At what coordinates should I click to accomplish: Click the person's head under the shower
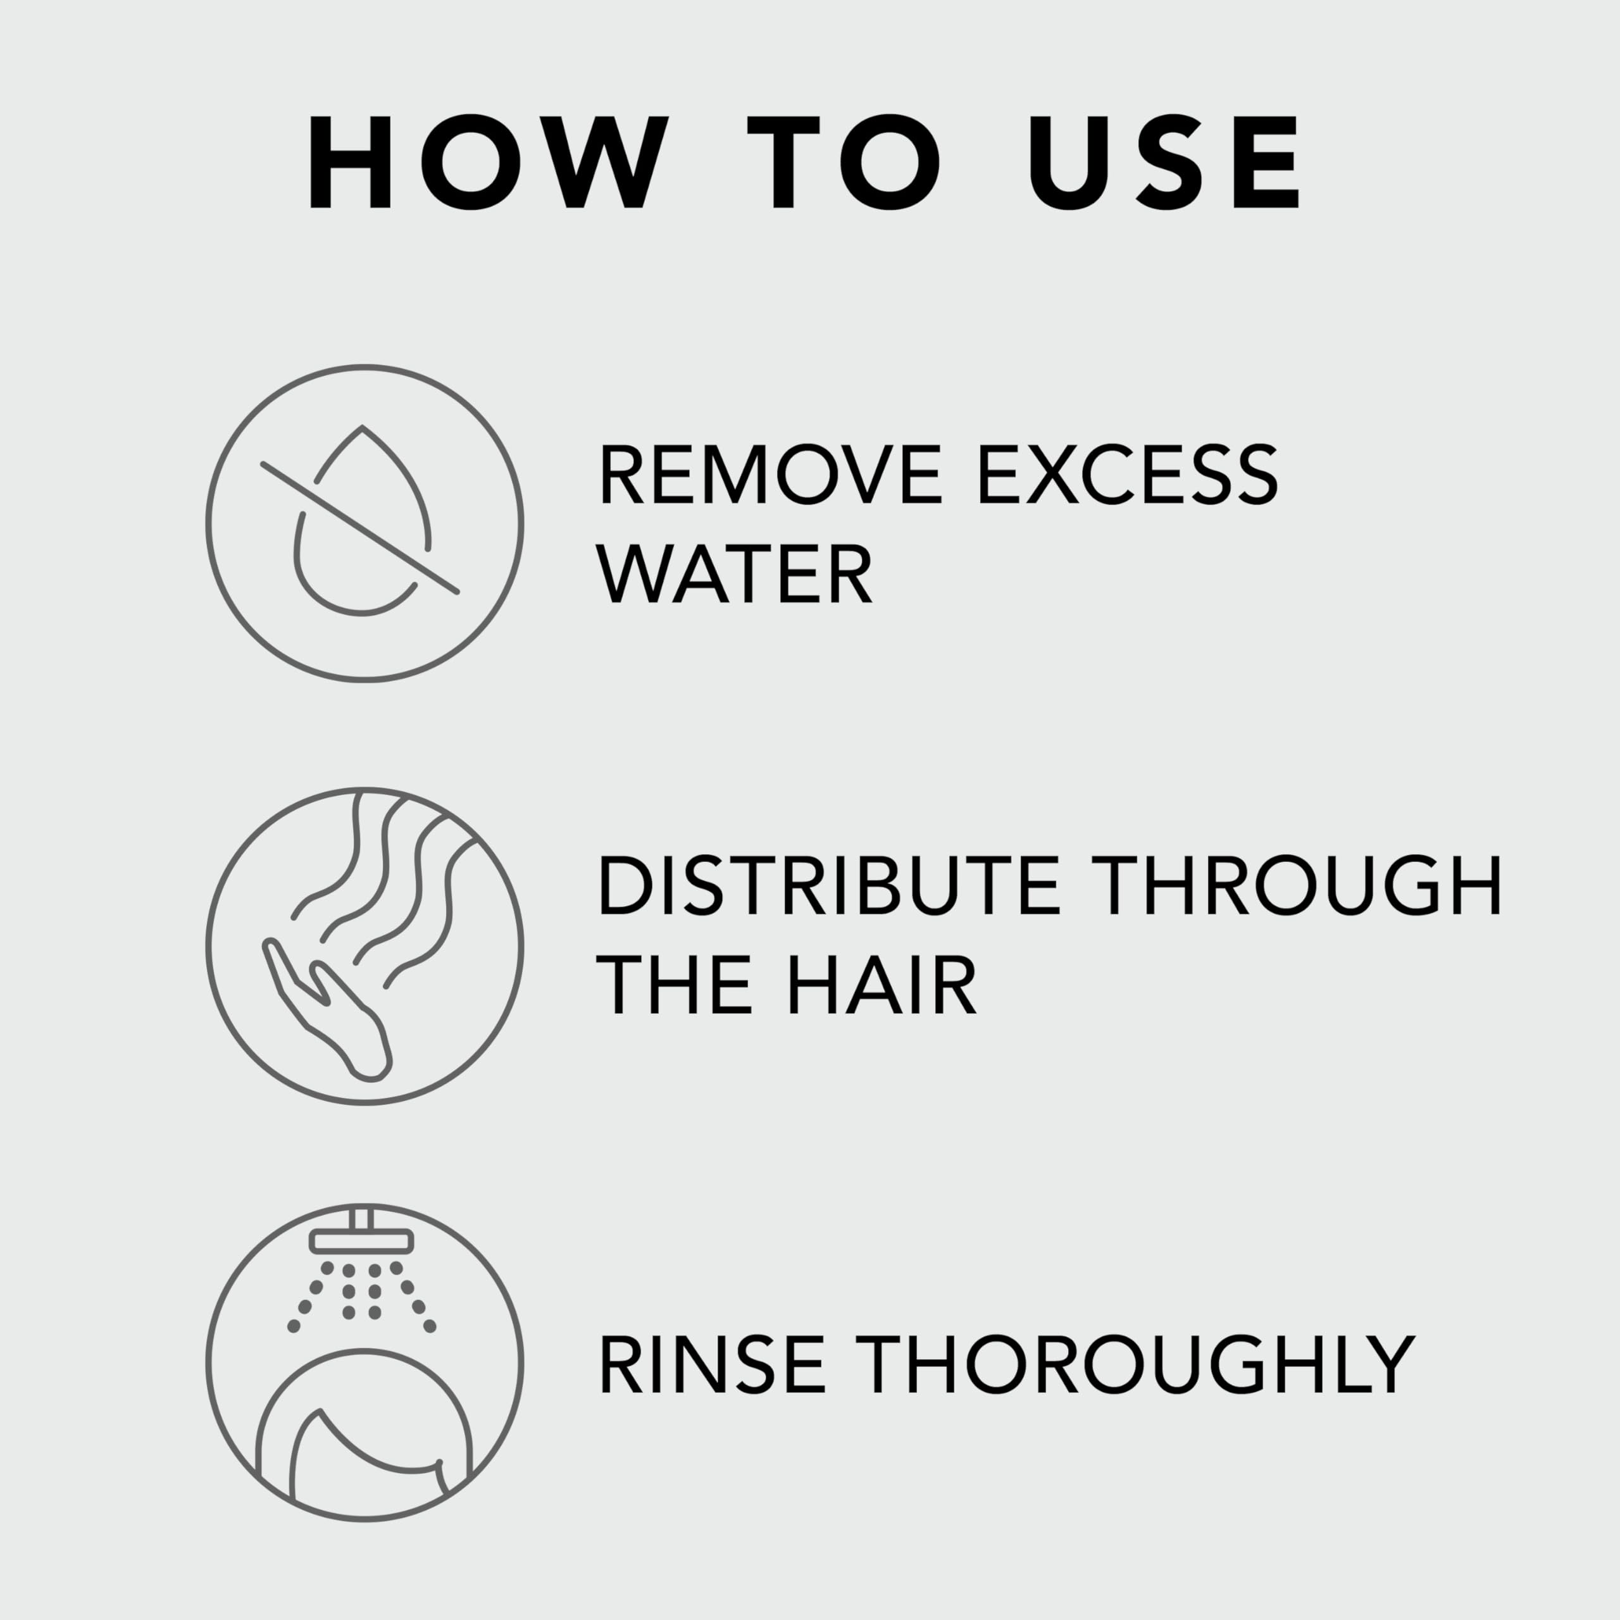(x=364, y=1426)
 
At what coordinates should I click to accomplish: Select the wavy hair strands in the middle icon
(x=394, y=880)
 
